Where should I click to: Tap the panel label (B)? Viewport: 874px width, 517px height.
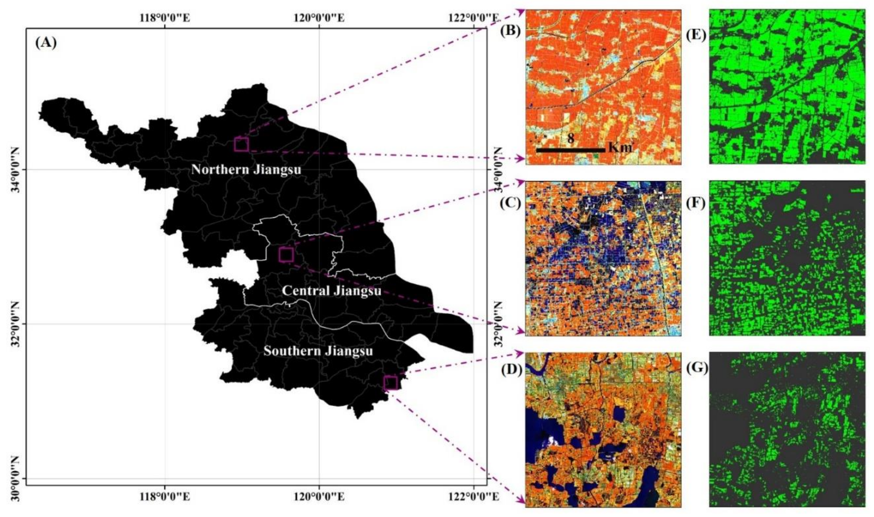tap(510, 31)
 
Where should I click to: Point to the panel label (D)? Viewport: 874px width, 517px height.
tap(510, 371)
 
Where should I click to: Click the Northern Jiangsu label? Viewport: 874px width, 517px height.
tap(246, 170)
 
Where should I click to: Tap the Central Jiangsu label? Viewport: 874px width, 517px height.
tap(331, 291)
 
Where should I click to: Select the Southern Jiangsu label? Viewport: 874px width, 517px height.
tap(318, 351)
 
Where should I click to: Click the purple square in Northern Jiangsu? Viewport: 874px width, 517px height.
tap(242, 144)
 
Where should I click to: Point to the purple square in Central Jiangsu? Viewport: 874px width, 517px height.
tap(286, 255)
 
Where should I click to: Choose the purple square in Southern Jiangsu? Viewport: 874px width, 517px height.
tap(390, 383)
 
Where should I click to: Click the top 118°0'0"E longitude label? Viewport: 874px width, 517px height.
tap(165, 17)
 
